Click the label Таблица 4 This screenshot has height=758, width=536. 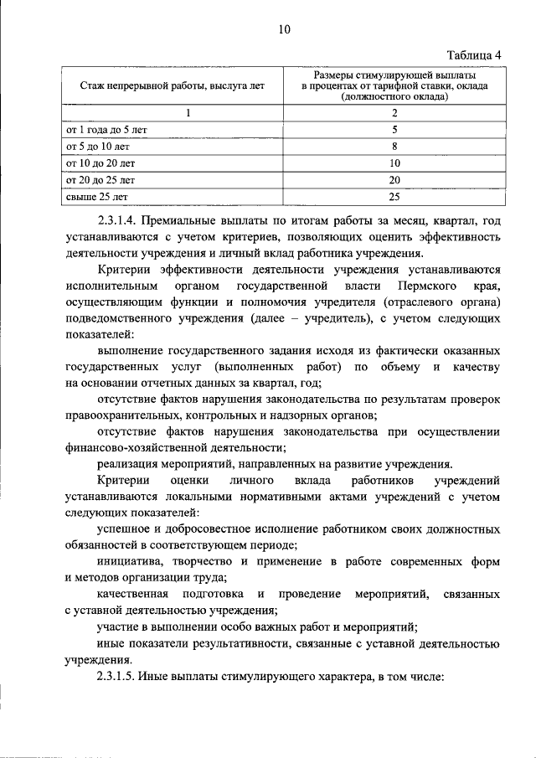coord(472,55)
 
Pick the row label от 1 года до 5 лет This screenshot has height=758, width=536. coord(106,131)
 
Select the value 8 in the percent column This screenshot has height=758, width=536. coord(394,147)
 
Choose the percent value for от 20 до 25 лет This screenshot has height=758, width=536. coord(394,181)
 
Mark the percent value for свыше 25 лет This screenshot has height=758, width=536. coord(394,198)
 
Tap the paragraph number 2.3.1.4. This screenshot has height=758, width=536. coord(116,222)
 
